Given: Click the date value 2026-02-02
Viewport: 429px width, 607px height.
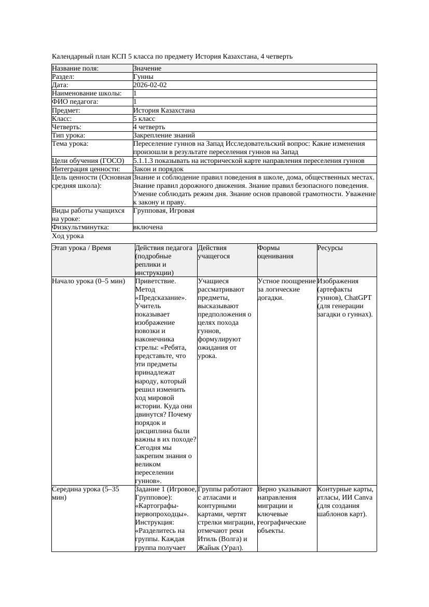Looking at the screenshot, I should pyautogui.click(x=150, y=85).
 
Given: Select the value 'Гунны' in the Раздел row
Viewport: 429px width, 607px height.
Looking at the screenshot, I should pyautogui.click(x=143, y=77).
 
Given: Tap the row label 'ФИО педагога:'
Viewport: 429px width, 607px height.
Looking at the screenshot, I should pyautogui.click(x=75, y=102).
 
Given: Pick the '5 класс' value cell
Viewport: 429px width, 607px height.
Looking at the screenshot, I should pyautogui.click(x=144, y=119).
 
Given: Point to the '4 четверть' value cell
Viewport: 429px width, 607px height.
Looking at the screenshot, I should pyautogui.click(x=149, y=127).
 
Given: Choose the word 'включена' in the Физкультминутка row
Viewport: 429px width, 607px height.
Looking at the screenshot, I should pyautogui.click(x=148, y=227).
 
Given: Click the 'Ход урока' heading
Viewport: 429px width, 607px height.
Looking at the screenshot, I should pyautogui.click(x=67, y=236).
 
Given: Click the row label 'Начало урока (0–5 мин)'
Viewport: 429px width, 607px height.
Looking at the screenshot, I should pyautogui.click(x=89, y=281).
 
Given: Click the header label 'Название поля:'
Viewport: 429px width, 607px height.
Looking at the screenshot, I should pyautogui.click(x=75, y=68).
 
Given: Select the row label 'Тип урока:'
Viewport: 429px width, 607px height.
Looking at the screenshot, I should pyautogui.click(x=68, y=135).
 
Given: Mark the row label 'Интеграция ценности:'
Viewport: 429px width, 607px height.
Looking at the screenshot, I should pyautogui.click(x=86, y=169).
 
